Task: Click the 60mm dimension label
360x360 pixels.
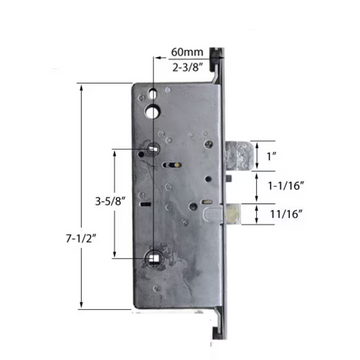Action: [x=186, y=51]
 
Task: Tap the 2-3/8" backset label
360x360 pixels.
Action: [x=187, y=67]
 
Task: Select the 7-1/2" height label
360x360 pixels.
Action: [x=65, y=211]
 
